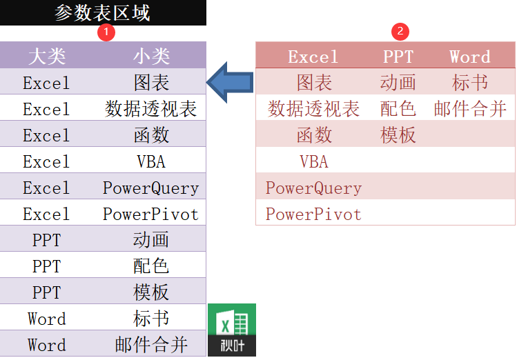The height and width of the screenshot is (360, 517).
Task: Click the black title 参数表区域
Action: click(x=102, y=12)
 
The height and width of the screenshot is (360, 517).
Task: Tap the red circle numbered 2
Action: click(x=399, y=32)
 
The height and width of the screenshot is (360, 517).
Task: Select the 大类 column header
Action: click(x=46, y=57)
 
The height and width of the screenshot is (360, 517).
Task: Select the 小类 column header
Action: click(x=151, y=57)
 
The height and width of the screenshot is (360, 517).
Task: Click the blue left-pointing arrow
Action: click(x=231, y=81)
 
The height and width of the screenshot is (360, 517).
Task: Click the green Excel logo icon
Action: click(x=232, y=330)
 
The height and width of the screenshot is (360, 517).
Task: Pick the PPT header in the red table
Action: click(x=398, y=57)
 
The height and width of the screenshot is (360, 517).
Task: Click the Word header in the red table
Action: click(x=469, y=57)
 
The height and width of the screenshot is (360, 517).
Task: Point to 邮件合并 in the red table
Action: click(x=470, y=109)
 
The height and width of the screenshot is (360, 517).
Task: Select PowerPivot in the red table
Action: click(x=313, y=214)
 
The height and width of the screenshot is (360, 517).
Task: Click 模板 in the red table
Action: click(x=398, y=135)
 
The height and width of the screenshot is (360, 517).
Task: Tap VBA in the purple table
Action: click(x=151, y=161)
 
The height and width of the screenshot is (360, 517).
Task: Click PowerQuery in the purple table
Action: click(x=151, y=188)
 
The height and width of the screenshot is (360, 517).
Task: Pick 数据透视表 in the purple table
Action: click(x=151, y=109)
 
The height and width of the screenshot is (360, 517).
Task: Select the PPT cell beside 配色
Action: click(x=46, y=266)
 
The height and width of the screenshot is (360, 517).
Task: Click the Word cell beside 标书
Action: click(x=46, y=319)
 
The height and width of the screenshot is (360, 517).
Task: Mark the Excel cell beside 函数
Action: click(x=46, y=135)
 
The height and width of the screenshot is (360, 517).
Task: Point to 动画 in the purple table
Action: click(x=151, y=240)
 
